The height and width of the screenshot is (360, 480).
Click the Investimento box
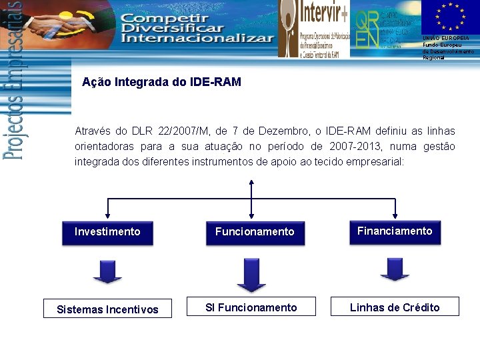click(107, 232)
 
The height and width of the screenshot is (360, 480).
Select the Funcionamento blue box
click(255, 232)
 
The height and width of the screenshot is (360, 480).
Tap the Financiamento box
click(395, 231)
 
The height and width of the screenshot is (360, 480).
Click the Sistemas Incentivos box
click(107, 309)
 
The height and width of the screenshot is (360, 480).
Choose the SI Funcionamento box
click(251, 307)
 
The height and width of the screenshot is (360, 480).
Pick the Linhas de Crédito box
click(395, 307)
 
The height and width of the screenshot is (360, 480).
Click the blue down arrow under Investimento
click(107, 271)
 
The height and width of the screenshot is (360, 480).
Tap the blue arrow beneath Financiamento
click(395, 268)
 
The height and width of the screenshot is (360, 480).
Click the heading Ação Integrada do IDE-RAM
click(161, 83)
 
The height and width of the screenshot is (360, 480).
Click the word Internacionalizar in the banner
click(197, 38)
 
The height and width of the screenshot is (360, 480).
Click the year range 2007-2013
click(363, 146)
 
